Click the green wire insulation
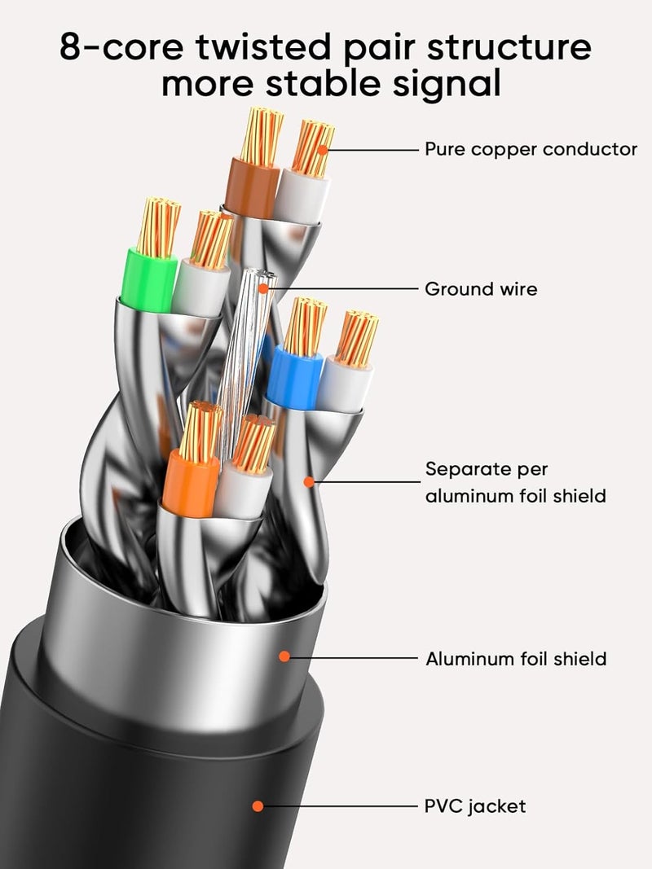click(148, 280)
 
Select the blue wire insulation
click(294, 377)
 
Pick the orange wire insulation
click(190, 483)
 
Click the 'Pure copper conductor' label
click(531, 150)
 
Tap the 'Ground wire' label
click(481, 289)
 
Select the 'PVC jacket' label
click(475, 806)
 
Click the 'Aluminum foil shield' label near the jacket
click(516, 659)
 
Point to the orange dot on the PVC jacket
click(258, 806)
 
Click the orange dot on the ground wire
click(263, 289)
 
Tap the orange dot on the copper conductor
click(323, 150)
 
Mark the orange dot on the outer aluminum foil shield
click(284, 656)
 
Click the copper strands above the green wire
click(159, 227)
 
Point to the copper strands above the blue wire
click(305, 326)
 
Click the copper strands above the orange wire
click(200, 431)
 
